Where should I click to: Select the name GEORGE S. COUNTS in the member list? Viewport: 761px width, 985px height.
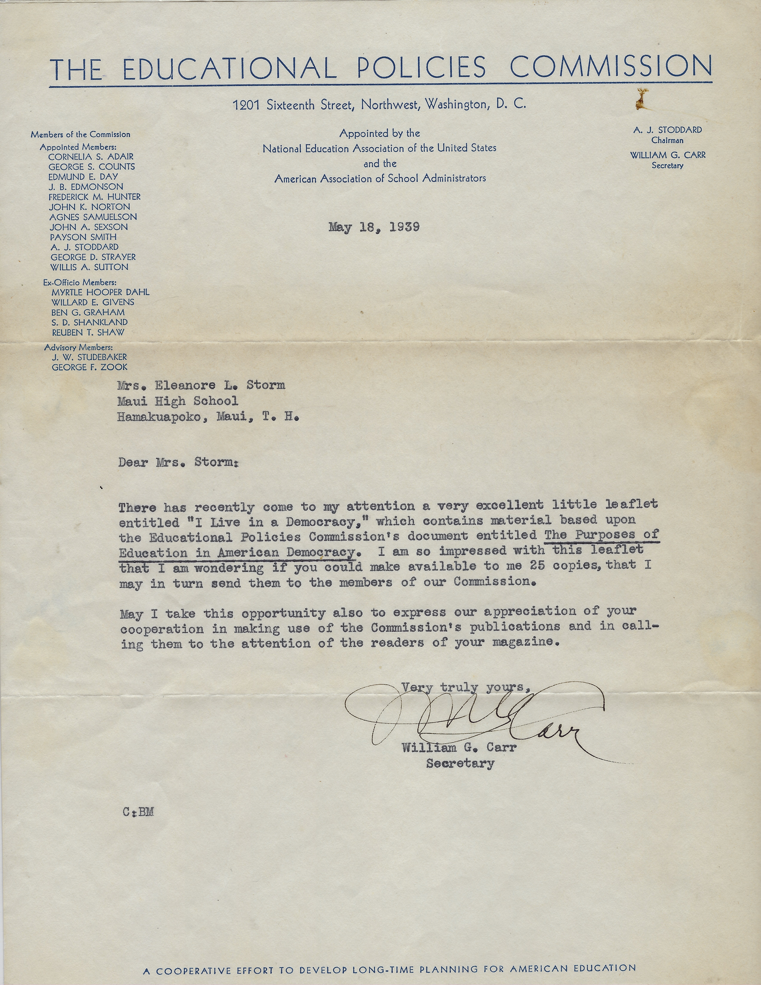(x=91, y=166)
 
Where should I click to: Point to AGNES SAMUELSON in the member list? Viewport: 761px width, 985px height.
(x=93, y=217)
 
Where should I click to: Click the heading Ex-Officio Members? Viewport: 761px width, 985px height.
(x=79, y=282)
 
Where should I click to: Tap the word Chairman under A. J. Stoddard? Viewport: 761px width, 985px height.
(x=667, y=140)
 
